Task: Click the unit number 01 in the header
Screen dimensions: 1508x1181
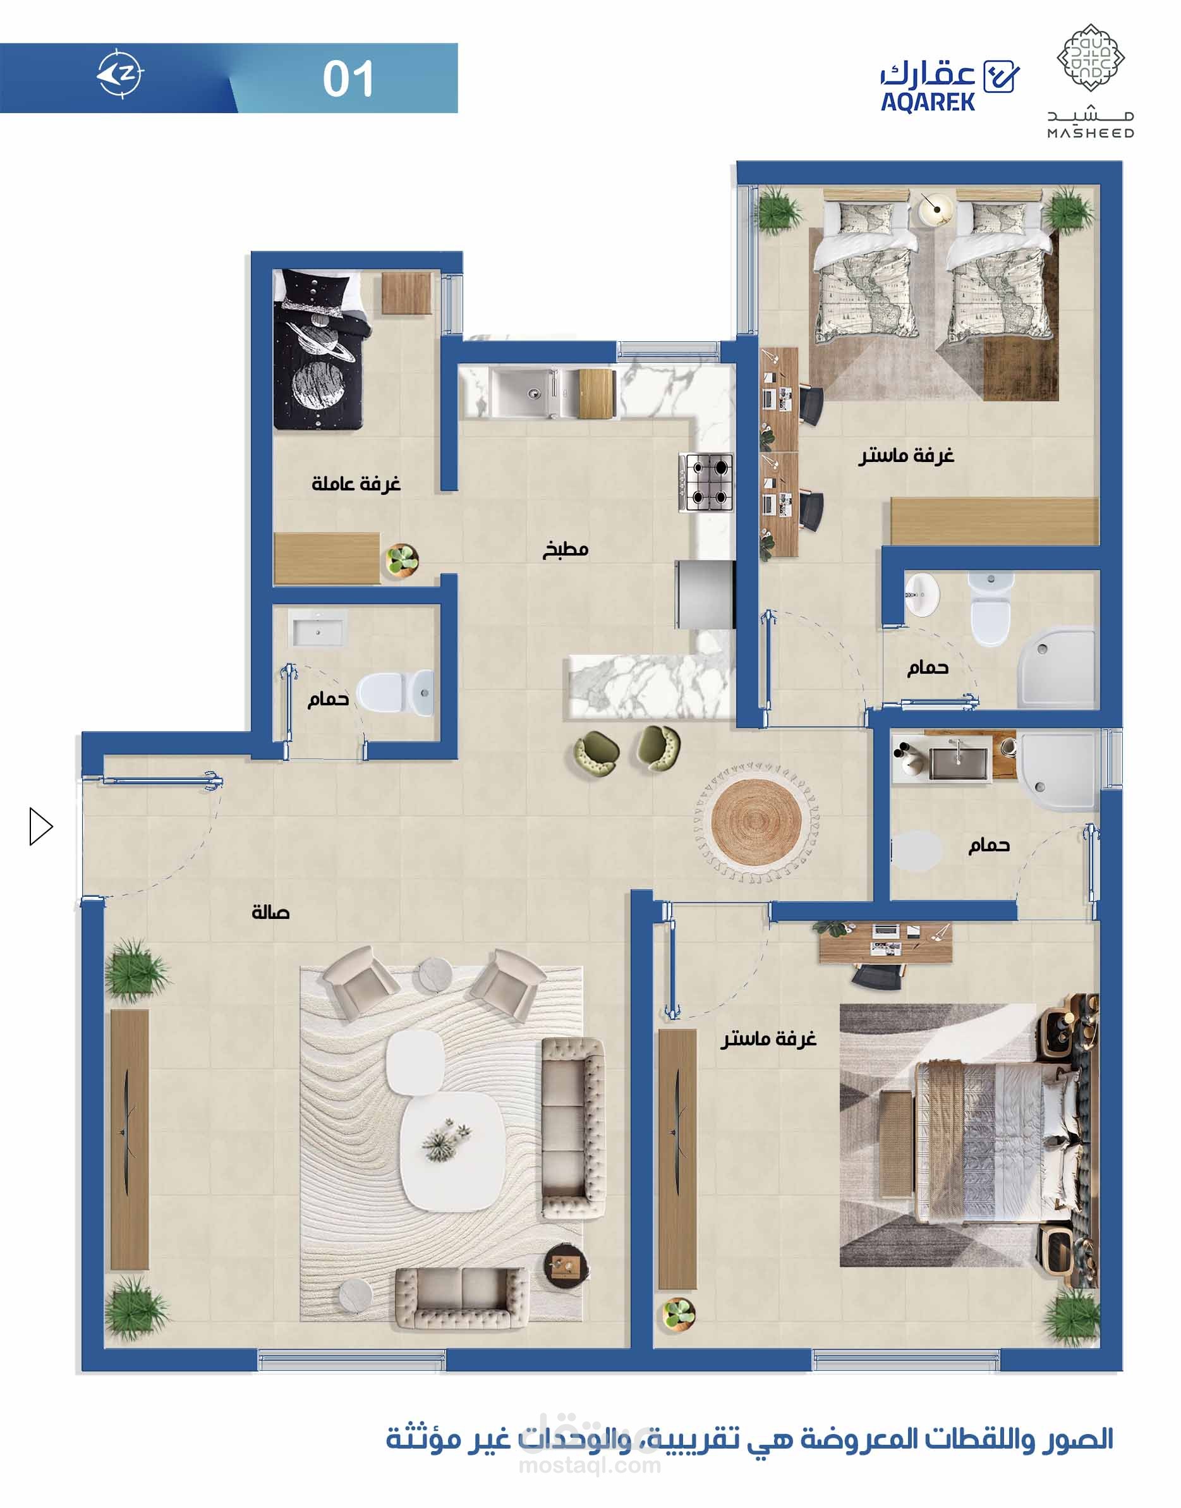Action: coord(348,79)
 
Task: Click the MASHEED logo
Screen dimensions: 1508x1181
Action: coord(1090,82)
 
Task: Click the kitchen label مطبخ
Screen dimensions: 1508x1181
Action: coord(565,550)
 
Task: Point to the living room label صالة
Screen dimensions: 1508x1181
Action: coord(270,913)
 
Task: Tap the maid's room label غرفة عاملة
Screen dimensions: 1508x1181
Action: coord(356,483)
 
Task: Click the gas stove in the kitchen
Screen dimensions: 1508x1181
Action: coord(706,482)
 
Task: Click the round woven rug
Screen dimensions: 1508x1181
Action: coord(756,824)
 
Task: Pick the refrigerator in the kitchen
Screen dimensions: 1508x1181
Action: coord(705,594)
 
